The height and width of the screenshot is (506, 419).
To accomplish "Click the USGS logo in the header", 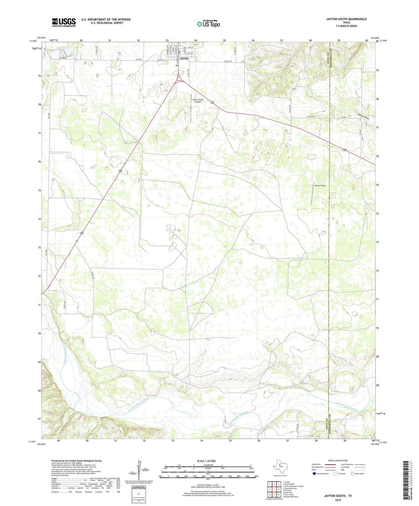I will click(64, 22).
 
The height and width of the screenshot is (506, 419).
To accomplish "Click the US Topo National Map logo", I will click(208, 23).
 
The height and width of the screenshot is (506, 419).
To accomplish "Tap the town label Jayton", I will click(184, 59).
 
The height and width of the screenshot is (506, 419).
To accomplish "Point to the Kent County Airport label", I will click(198, 101).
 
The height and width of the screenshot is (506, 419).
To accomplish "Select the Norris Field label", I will click(320, 185).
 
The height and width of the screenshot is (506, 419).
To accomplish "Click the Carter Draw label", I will click(363, 116).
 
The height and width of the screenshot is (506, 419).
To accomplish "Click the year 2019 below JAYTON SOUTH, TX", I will click(338, 500).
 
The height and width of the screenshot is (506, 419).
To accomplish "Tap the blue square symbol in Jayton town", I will click(179, 52).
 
